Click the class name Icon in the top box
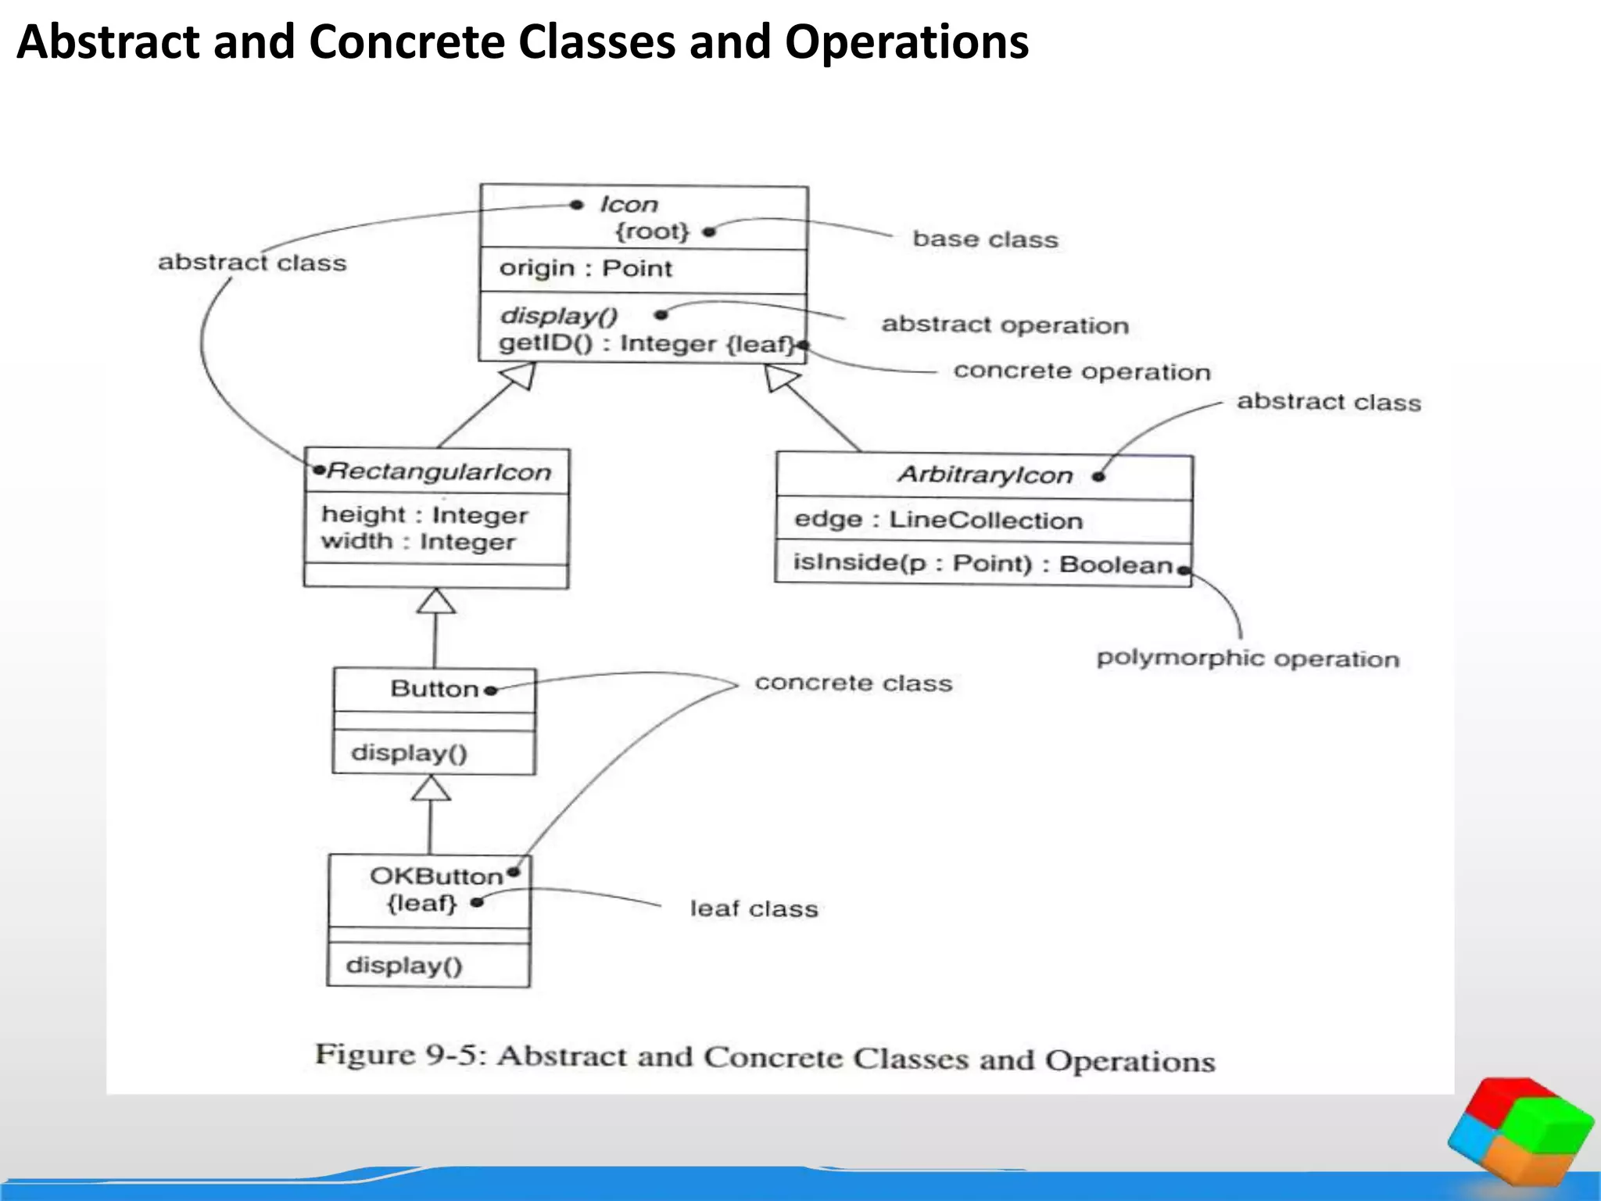[x=629, y=204]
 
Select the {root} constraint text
[x=652, y=231]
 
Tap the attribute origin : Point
[x=586, y=268]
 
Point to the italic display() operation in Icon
[x=558, y=316]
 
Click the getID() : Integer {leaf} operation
[x=646, y=343]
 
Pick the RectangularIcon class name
[x=439, y=471]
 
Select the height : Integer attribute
[x=424, y=515]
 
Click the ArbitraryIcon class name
[x=984, y=475]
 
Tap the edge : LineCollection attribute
[x=938, y=520]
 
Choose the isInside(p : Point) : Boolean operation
[x=983, y=564]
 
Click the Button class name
[x=434, y=689]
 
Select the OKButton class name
[x=436, y=876]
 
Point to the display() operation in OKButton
[x=404, y=965]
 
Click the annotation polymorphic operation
[x=1248, y=659]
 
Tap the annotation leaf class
[x=754, y=909]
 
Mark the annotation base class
[x=985, y=239]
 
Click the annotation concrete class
[x=853, y=683]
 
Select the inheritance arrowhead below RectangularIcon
[x=436, y=602]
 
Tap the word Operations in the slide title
[x=906, y=42]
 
